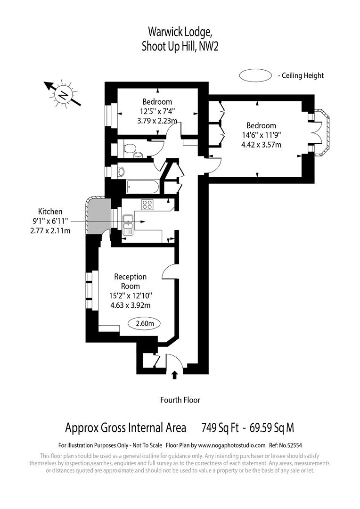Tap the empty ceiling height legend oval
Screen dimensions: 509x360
pyautogui.click(x=255, y=75)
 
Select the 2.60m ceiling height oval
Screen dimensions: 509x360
pyautogui.click(x=144, y=323)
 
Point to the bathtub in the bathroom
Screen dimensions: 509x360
pyautogui.click(x=142, y=187)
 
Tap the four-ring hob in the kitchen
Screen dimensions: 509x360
pyautogui.click(x=147, y=205)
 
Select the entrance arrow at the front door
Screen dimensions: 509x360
pyautogui.click(x=175, y=375)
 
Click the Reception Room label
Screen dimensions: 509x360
pyautogui.click(x=131, y=281)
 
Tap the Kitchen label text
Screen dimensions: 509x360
pyautogui.click(x=50, y=212)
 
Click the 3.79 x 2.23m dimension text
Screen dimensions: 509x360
pyautogui.click(x=157, y=121)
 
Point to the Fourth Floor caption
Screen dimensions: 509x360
pyautogui.click(x=180, y=400)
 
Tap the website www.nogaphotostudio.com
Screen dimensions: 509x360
pyautogui.click(x=231, y=445)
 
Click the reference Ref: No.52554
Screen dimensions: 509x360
pyautogui.click(x=285, y=445)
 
